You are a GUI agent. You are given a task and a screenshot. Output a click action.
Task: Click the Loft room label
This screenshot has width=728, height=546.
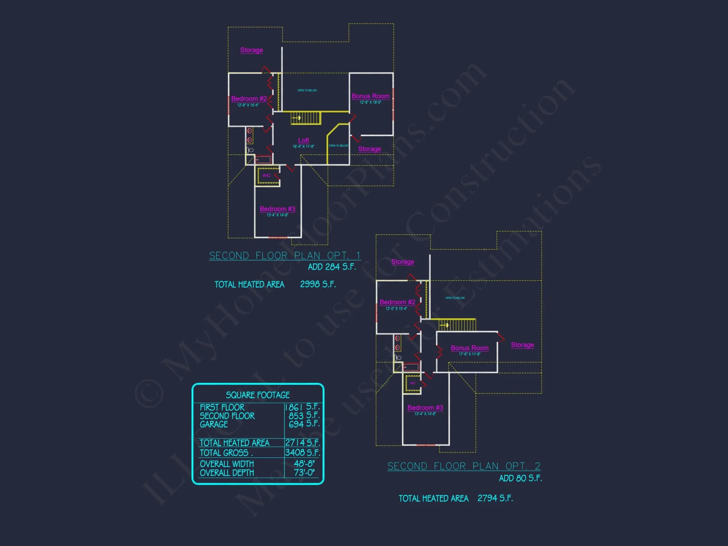click(303, 141)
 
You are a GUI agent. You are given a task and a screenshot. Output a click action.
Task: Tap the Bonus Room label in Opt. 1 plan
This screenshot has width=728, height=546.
click(370, 96)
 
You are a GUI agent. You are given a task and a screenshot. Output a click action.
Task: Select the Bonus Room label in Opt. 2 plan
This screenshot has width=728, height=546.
click(470, 348)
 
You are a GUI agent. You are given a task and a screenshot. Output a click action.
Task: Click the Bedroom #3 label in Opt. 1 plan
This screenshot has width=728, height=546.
click(277, 209)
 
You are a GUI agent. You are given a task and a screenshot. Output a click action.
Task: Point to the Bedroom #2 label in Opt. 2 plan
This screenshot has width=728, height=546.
click(397, 302)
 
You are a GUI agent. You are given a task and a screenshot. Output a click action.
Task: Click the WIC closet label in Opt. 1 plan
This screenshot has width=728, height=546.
click(266, 175)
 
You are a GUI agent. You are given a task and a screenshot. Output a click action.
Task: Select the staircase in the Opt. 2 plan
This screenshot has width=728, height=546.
click(457, 325)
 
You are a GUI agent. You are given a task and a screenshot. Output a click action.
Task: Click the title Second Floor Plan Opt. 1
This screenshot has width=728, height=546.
click(285, 256)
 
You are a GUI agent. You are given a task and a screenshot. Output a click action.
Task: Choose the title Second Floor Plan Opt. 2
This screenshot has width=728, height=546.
click(464, 466)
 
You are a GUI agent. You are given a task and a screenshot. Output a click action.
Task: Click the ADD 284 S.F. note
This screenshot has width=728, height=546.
click(332, 267)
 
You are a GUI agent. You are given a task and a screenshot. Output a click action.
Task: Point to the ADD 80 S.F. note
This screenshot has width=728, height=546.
click(520, 478)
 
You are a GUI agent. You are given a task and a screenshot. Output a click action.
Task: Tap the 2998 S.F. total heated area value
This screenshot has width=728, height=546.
click(318, 284)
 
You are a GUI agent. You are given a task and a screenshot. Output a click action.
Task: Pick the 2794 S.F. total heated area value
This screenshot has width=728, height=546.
click(495, 498)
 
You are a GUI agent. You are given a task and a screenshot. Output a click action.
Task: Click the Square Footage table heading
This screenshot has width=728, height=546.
click(258, 395)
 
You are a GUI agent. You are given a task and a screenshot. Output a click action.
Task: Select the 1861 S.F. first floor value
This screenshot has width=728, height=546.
click(302, 407)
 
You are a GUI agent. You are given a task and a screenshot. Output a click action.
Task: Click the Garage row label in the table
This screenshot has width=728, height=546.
click(214, 424)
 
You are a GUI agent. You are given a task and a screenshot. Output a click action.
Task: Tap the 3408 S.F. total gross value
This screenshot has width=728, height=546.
click(302, 452)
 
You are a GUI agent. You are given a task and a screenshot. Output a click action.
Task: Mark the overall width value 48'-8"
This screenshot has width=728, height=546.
click(304, 464)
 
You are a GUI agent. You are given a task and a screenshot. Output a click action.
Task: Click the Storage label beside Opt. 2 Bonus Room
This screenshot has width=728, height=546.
click(522, 345)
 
